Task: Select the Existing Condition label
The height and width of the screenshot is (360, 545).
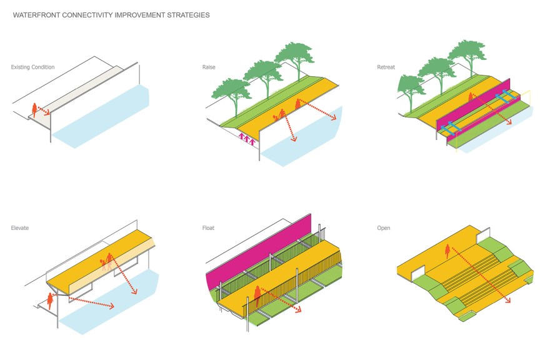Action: [x=32, y=67]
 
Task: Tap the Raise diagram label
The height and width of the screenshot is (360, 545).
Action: [x=209, y=67]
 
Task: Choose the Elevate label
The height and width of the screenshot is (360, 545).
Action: [x=19, y=228]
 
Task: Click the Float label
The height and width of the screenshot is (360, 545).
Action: [x=208, y=228]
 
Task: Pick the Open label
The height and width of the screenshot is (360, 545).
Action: [x=383, y=228]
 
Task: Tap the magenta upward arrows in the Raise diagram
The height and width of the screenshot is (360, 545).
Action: [x=247, y=141]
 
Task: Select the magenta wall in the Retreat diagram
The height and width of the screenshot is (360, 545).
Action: [x=475, y=106]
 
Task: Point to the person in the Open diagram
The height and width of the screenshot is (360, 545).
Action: [x=447, y=252]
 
